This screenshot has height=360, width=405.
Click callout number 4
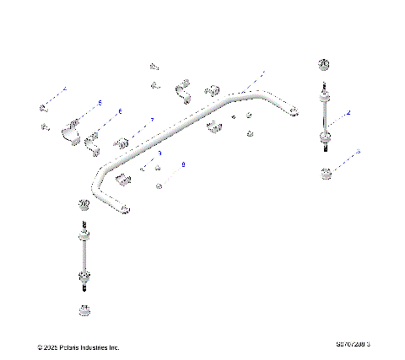point(64,88)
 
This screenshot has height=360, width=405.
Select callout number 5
point(100,102)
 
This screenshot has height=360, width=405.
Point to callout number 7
point(152,121)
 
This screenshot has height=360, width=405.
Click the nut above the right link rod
point(323,67)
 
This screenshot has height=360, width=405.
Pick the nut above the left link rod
point(83,206)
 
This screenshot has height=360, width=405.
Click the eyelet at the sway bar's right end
point(293,110)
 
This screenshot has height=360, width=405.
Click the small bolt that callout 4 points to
point(43,107)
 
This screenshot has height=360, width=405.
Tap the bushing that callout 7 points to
point(121,139)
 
